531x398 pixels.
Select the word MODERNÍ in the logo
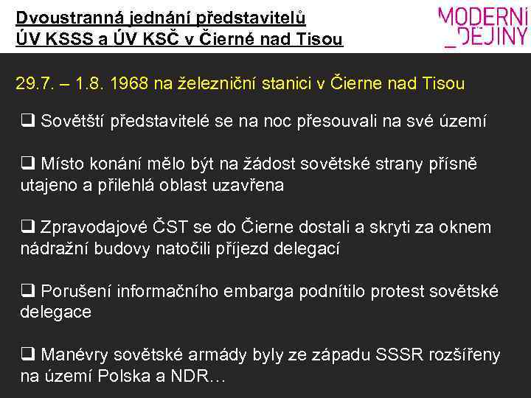coord(483,17)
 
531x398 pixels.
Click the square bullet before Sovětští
coord(27,121)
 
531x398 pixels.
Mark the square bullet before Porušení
coord(27,291)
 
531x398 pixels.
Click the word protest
coord(393,291)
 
